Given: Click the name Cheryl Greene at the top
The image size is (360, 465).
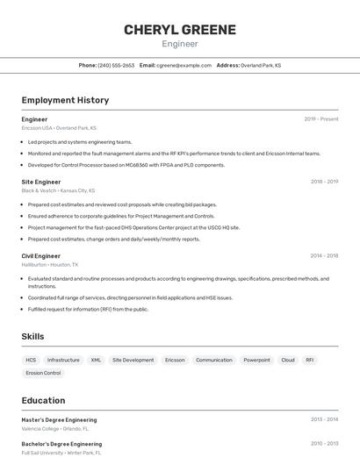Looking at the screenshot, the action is coord(180,29).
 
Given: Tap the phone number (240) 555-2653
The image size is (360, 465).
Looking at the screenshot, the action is coord(116,65).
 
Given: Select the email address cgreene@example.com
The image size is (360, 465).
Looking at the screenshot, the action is coord(184,65).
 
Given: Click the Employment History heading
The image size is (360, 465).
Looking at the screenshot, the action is coord(65,100).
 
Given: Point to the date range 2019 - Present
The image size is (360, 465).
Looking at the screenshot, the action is coord(321,119).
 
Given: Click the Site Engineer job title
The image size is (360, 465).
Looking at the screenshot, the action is coord(41,182).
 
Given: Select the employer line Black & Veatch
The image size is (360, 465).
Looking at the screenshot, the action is coord(58,190).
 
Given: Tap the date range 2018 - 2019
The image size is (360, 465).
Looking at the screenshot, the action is coord(324,182).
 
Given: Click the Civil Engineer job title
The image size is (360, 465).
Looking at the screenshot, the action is coord(41,256).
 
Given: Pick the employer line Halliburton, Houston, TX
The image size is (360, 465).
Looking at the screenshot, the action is coord(50,264).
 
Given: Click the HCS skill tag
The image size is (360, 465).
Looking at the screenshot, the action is coord(31,360).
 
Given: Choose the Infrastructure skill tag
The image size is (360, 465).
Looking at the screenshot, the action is coord(63,360).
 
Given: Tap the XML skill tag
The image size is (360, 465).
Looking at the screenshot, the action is coord(96,360).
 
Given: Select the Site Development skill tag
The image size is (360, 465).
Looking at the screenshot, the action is coord(133,360).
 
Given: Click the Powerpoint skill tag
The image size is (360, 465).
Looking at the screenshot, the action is coord(256,360).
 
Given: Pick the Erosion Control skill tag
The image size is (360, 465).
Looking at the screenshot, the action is coord(43,373).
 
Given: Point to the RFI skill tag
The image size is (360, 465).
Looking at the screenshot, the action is coord(310,360).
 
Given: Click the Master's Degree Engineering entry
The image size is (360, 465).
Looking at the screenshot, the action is coord(59,419).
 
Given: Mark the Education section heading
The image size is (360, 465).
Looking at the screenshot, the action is coord(43,400).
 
